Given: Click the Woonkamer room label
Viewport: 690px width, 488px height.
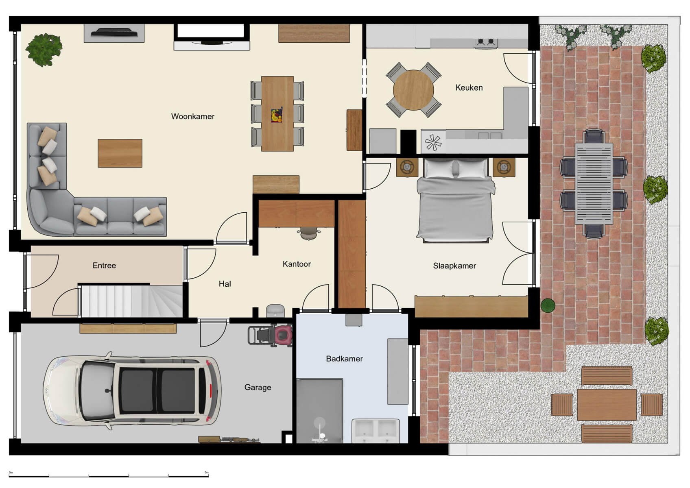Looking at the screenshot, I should coord(192,116).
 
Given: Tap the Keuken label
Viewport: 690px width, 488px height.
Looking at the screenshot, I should coord(469,87).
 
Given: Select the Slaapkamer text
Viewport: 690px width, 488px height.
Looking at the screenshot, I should coord(454,266).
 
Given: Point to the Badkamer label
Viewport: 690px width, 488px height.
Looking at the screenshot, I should coord(344,359).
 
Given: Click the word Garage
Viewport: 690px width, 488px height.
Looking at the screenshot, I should coord(258,387).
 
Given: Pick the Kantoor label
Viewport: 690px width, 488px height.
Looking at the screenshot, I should coord(297,264).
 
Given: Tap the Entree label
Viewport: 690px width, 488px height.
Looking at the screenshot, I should coord(104,266).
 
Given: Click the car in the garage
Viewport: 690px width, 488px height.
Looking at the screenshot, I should coord(132,391).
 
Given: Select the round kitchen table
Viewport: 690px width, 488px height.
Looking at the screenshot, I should coord(413,90).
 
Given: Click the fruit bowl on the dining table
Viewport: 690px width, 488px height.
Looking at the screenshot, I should coord(277,115).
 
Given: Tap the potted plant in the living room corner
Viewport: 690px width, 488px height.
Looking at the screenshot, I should coord(44,50).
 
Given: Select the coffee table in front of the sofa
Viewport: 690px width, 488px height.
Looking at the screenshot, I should coord(120,153).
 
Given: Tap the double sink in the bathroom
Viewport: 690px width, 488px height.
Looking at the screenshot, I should coord(375,431).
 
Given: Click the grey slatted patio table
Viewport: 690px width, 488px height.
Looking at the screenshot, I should coord(594,183).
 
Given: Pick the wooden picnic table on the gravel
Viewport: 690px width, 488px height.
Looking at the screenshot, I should coord(606,405).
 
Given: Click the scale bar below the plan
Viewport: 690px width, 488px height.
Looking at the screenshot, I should coord(109,475).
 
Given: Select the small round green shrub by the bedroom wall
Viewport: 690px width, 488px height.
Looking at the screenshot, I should coord(548,305).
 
